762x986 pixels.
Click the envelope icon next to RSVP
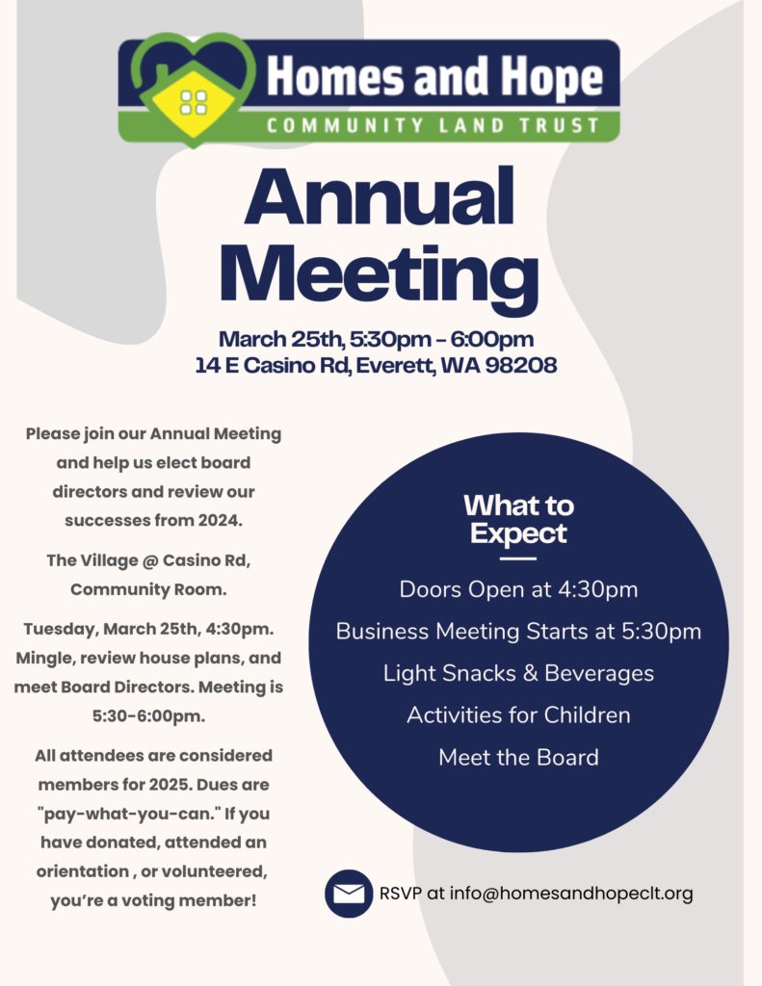tap(348, 894)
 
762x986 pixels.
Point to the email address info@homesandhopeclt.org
tap(561, 894)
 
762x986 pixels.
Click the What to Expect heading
tap(518, 519)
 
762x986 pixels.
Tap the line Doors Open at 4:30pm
tap(518, 588)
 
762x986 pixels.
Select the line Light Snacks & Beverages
tap(518, 673)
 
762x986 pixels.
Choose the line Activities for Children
tap(518, 715)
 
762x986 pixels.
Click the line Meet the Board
tap(518, 758)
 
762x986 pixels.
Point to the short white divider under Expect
tap(518, 558)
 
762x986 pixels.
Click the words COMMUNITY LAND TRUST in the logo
tap(434, 125)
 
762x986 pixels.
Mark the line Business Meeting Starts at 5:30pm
tap(518, 632)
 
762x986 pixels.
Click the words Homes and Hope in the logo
tap(434, 78)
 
